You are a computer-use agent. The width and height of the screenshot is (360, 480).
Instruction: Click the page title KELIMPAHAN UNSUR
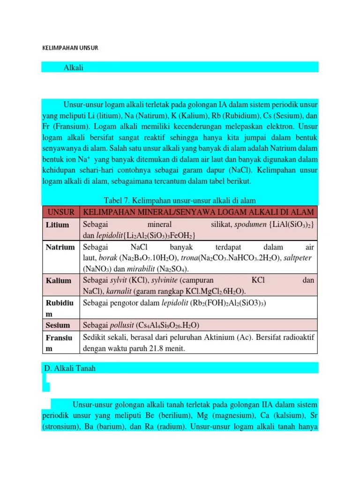70,48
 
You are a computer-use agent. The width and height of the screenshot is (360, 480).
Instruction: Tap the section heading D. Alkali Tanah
69,368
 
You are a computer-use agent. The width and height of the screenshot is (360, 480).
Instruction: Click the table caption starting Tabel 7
180,201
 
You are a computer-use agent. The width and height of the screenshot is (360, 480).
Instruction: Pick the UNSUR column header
60,212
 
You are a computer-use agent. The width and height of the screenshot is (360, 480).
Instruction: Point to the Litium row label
58,225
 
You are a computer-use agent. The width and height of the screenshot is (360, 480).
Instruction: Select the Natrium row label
60,247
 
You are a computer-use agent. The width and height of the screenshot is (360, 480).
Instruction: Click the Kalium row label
59,281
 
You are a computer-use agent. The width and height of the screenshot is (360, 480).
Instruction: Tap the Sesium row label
58,325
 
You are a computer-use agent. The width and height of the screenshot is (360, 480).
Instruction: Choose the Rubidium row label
60,308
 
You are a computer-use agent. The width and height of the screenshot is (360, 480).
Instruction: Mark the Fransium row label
60,343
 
